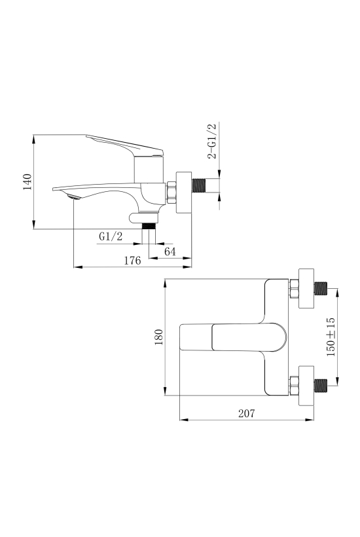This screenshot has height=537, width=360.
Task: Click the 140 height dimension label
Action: [27, 182]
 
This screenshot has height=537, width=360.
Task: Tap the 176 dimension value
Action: [132, 261]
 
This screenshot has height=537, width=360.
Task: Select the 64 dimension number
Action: [170, 251]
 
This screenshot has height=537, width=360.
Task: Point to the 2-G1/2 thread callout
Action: [212, 141]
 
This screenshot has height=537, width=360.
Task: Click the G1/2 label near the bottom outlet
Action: [111, 236]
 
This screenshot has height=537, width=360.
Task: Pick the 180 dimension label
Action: [159, 337]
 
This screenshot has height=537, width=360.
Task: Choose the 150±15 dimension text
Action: [331, 337]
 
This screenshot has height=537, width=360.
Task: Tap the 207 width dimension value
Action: [247, 413]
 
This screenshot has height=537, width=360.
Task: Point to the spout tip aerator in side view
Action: [73, 197]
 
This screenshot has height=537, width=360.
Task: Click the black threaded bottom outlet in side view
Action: [149, 226]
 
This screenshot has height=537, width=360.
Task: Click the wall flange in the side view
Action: [184, 193]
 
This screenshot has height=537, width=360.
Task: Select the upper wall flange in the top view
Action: [306, 288]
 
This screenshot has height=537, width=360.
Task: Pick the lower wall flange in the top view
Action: [306, 386]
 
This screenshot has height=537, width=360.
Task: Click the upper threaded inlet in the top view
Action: [321, 288]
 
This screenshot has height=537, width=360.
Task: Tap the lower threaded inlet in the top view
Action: [321, 386]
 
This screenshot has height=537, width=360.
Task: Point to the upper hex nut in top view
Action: [295, 288]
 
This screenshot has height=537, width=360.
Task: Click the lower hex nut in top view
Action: [295, 386]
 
